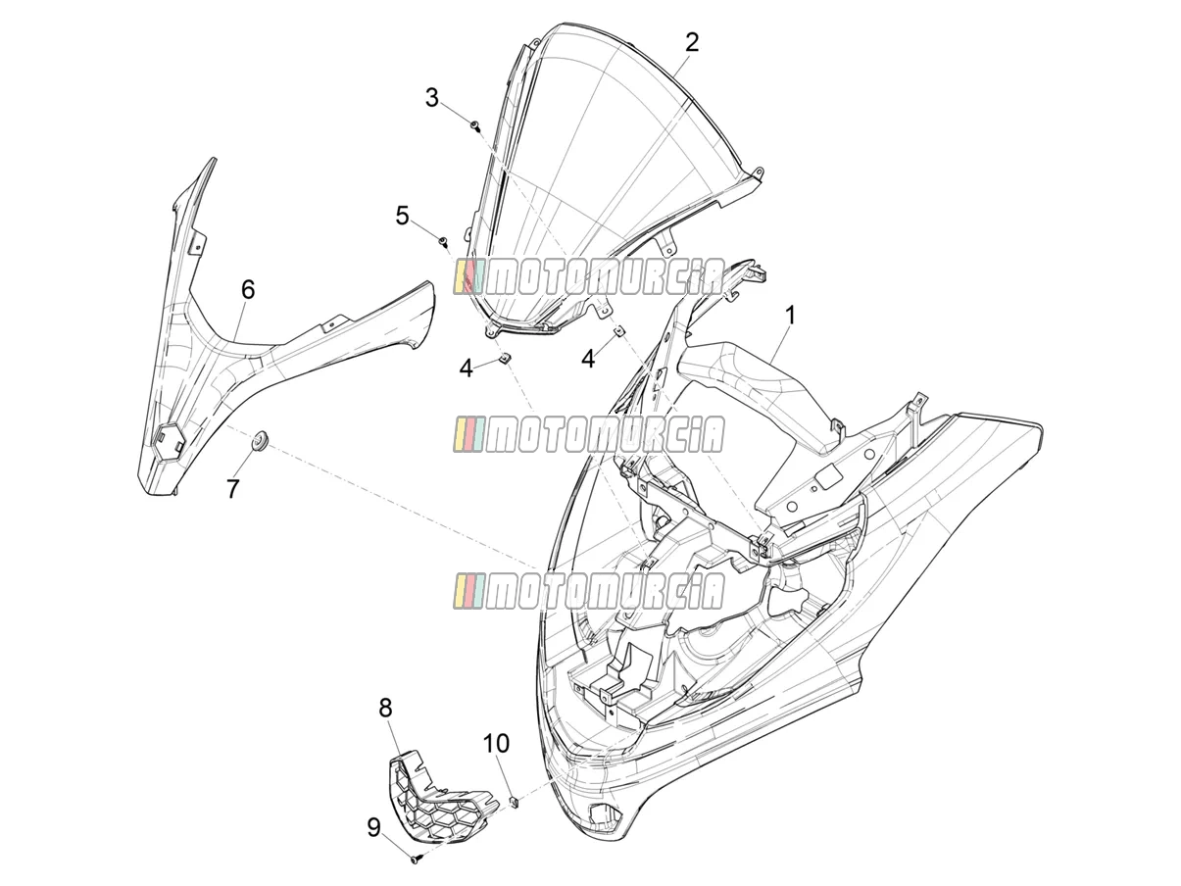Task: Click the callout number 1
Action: pyautogui.click(x=790, y=317)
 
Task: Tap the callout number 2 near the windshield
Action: pyautogui.click(x=691, y=42)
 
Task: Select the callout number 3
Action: pyautogui.click(x=432, y=98)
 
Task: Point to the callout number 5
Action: pyautogui.click(x=402, y=216)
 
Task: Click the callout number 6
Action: pyautogui.click(x=248, y=290)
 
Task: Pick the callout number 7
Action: pyautogui.click(x=232, y=488)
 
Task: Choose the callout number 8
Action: pyautogui.click(x=385, y=708)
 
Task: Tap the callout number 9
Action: pyautogui.click(x=374, y=827)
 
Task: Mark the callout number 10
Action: pyautogui.click(x=496, y=743)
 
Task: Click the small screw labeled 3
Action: pyautogui.click(x=475, y=125)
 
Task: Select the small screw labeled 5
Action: pyautogui.click(x=444, y=241)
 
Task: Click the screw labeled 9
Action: pyautogui.click(x=417, y=861)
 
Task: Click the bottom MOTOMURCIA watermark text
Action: pyautogui.click(x=589, y=591)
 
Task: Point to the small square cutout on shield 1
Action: pyautogui.click(x=830, y=476)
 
